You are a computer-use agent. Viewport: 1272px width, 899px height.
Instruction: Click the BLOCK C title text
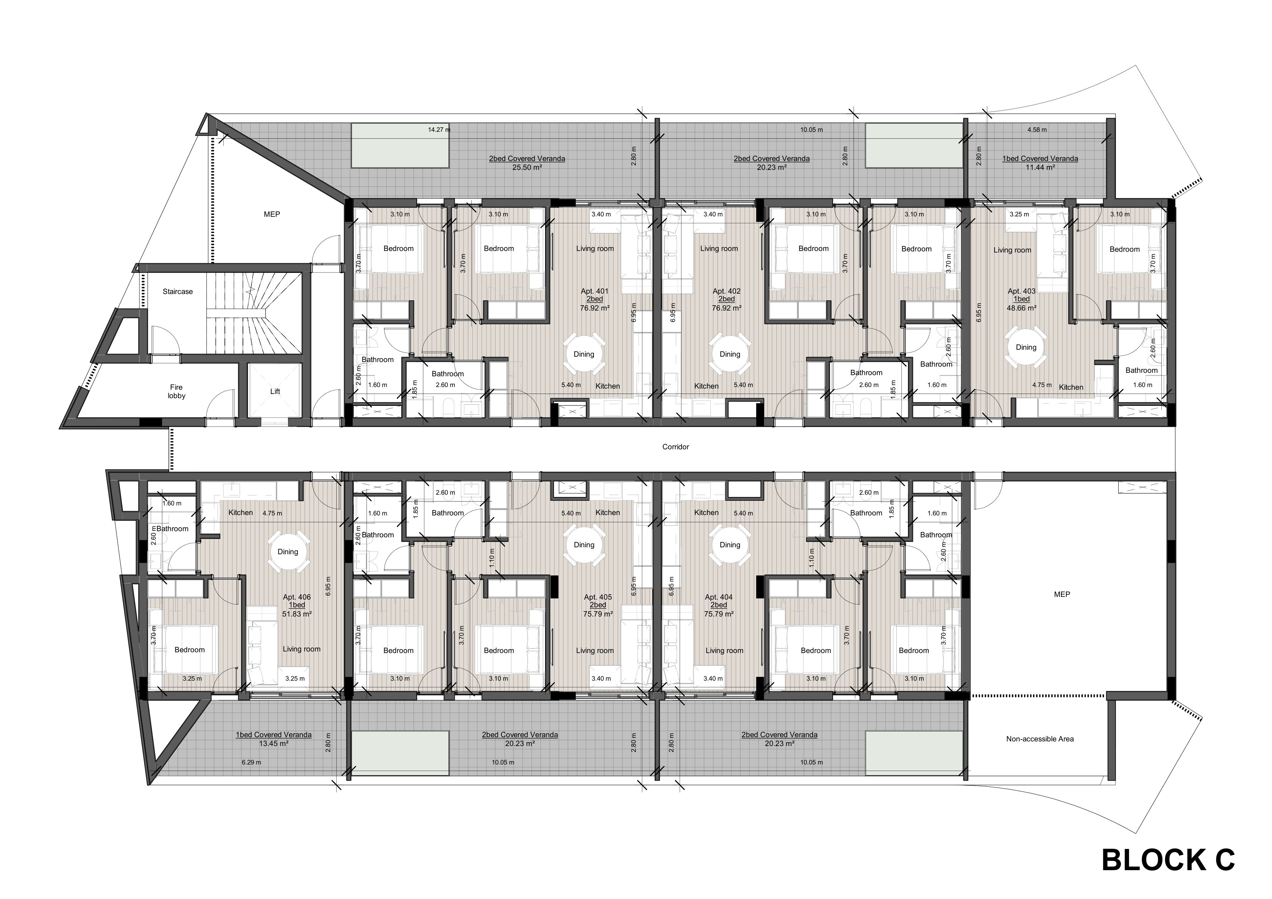pos(1168,860)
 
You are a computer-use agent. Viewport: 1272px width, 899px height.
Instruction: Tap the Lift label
pos(275,391)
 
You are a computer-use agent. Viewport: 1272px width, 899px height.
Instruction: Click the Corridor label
pos(675,447)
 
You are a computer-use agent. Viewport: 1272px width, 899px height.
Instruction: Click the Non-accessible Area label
pos(1040,738)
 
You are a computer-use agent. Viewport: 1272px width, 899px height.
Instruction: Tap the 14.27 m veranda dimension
pos(439,130)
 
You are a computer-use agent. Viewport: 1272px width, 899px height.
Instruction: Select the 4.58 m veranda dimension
pos(1037,130)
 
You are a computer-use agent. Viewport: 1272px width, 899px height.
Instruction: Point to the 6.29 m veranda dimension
pos(251,762)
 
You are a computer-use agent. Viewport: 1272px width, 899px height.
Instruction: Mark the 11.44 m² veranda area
pos(1040,167)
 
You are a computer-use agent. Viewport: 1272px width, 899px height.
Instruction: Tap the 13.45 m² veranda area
pos(274,743)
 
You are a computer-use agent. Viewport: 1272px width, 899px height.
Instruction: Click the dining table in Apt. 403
pos(1026,347)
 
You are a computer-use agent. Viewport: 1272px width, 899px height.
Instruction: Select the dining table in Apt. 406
pos(288,552)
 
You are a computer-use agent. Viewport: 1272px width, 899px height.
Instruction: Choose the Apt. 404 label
pos(718,597)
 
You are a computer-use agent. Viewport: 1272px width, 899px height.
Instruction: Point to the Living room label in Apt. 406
pos(301,649)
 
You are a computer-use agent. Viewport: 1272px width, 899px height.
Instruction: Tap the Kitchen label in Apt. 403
pos(1071,387)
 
